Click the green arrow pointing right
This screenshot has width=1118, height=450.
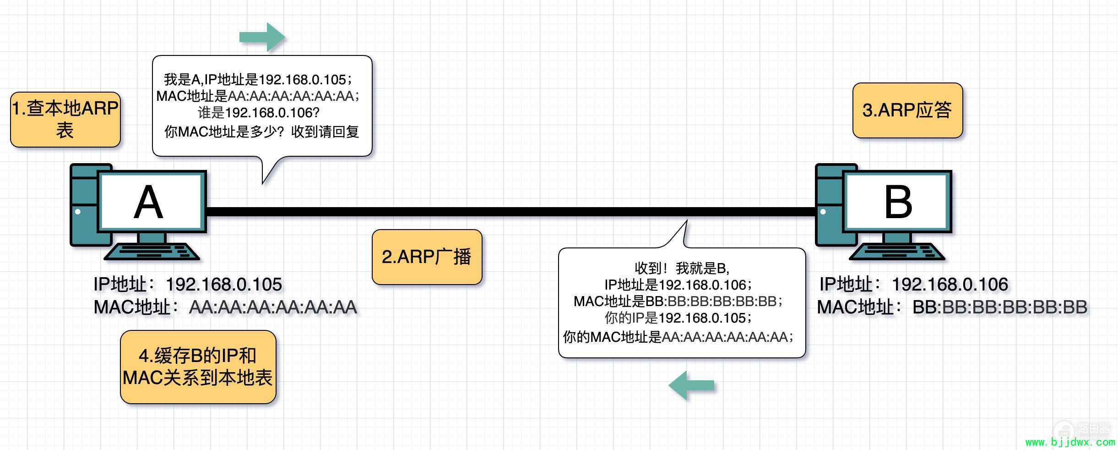[x=262, y=37]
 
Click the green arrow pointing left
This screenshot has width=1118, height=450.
[x=691, y=385]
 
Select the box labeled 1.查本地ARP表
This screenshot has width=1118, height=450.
[x=65, y=120]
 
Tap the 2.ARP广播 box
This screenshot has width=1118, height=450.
[x=427, y=257]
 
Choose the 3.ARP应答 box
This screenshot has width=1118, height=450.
[x=907, y=110]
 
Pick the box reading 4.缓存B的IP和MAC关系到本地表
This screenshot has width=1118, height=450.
[x=198, y=367]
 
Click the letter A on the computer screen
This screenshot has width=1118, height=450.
[x=148, y=202]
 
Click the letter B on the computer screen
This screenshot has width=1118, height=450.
[x=898, y=202]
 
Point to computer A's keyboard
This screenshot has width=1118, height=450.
[x=152, y=252]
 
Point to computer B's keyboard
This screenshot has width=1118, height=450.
[x=897, y=252]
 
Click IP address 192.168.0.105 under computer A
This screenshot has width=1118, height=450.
[x=224, y=285]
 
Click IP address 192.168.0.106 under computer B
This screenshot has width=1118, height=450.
[x=950, y=285]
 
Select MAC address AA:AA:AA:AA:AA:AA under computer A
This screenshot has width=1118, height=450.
[x=273, y=307]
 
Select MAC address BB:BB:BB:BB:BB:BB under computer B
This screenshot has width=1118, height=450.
[x=1000, y=307]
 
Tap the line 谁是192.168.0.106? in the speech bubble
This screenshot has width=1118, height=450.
[x=259, y=113]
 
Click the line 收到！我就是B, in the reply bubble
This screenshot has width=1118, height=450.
[x=682, y=268]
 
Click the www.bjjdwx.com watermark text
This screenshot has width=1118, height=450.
[x=1070, y=442]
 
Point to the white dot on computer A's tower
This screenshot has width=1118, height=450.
[x=78, y=212]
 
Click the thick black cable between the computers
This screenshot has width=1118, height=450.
[x=511, y=212]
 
